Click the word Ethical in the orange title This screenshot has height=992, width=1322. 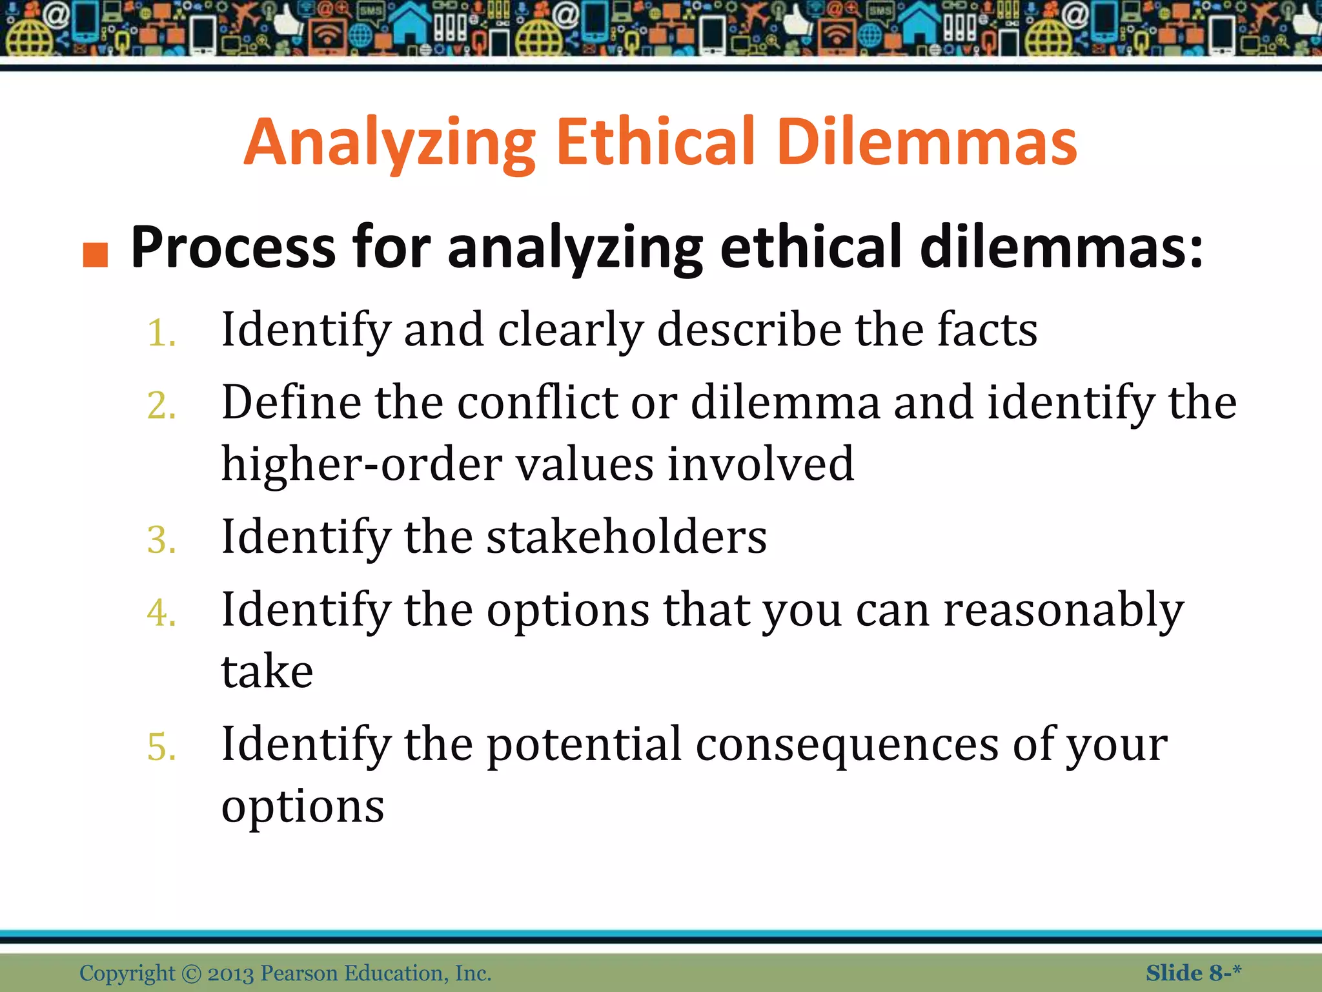[655, 142]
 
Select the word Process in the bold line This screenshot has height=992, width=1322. [232, 248]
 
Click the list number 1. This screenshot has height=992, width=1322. [161, 335]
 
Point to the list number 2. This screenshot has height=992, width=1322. [161, 407]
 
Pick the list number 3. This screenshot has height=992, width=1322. [161, 541]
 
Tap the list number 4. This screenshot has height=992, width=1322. [161, 613]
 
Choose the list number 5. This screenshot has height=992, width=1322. [161, 747]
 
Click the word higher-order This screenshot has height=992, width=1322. [361, 464]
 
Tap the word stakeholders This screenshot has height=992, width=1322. [626, 537]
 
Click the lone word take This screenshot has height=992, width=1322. [267, 672]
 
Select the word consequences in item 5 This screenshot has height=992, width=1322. [847, 744]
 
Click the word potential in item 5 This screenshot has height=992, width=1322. [584, 745]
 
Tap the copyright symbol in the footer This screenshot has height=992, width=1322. [191, 973]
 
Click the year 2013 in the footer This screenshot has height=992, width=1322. [231, 973]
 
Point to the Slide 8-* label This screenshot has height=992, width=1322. [1193, 973]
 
